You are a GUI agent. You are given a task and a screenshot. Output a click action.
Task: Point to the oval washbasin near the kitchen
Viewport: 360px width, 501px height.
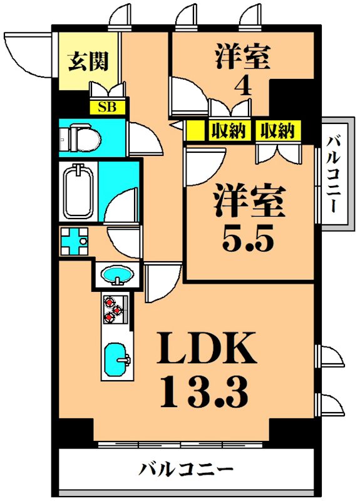(x=117, y=275)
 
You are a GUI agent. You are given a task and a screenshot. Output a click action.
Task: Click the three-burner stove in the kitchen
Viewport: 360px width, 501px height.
(x=115, y=309)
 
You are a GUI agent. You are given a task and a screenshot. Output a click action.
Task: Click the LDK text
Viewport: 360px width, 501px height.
(x=206, y=349)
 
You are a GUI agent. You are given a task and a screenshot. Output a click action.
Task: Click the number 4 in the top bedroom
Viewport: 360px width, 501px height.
(x=243, y=86)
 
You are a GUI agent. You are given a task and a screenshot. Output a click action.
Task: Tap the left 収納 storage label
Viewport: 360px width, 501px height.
(x=227, y=131)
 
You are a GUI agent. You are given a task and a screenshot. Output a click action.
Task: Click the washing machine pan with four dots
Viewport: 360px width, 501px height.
(x=75, y=240)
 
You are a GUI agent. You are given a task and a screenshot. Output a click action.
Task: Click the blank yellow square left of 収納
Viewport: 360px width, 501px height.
(x=196, y=131)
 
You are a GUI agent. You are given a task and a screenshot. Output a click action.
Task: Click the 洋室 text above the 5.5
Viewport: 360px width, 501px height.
(x=249, y=200)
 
